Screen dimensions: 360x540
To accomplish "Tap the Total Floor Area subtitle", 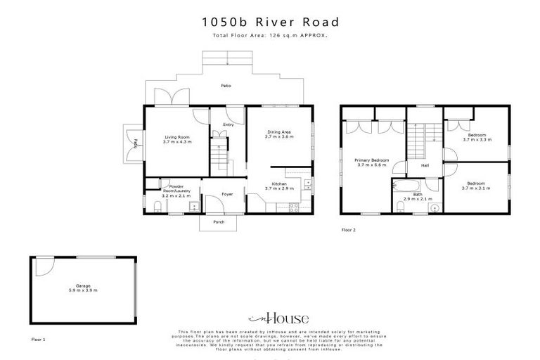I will pyautogui.click(x=269, y=34).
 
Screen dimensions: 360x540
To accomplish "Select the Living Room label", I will pyautogui.click(x=177, y=137).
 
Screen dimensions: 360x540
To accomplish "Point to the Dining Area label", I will pyautogui.click(x=278, y=131).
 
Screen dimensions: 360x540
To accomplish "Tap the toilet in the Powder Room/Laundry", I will pyautogui.click(x=156, y=206).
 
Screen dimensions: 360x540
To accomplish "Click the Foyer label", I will pyautogui.click(x=227, y=194).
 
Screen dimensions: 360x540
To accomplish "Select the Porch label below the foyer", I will pyautogui.click(x=219, y=221).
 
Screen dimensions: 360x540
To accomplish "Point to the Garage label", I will pyautogui.click(x=82, y=286).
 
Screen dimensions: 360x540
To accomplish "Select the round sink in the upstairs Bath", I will pyautogui.click(x=432, y=207).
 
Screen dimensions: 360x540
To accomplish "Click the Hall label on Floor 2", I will pyautogui.click(x=425, y=166).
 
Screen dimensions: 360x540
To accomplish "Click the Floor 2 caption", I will pyautogui.click(x=349, y=230).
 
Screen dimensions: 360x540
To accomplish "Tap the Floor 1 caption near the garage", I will pyautogui.click(x=38, y=339).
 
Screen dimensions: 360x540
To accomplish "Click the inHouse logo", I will pyautogui.click(x=269, y=318).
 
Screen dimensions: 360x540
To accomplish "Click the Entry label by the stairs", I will pyautogui.click(x=228, y=125).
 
